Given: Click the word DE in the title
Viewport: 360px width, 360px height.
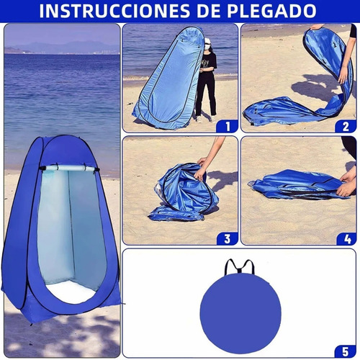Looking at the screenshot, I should pos(218,11).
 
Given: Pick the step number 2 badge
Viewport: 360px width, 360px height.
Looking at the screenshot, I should pos(346,126).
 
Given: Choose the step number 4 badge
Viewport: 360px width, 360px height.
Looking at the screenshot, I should pos(346,238).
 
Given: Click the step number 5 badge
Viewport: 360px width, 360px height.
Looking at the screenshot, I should pos(346,350).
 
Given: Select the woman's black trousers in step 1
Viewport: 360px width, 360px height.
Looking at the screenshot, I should pos(205,94).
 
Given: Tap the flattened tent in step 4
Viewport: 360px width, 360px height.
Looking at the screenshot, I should pos(295,186).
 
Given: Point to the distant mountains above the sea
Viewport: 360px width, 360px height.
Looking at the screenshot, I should pos(58,48).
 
